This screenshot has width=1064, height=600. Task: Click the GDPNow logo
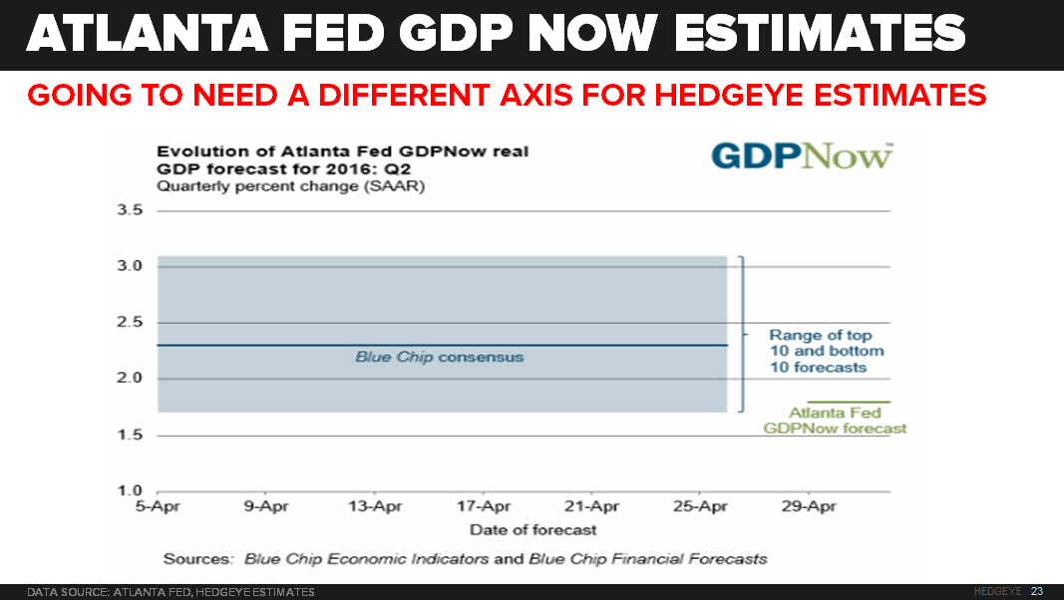[801, 156]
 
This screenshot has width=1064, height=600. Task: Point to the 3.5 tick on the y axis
[131, 210]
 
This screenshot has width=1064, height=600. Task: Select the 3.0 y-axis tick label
[131, 266]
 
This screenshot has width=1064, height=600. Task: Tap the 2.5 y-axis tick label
[131, 323]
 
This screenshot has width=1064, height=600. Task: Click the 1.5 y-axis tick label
[131, 436]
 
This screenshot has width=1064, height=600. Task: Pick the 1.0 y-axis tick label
[131, 491]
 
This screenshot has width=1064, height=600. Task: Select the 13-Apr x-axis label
[374, 506]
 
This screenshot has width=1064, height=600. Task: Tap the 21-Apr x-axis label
[591, 506]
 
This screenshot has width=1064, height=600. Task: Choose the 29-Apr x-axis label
[808, 506]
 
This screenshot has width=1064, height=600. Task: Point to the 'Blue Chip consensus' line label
[439, 357]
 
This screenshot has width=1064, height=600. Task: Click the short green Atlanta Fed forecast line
[869, 402]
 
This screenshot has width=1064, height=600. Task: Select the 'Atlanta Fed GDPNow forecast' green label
[836, 421]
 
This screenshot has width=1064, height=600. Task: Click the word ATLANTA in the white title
[149, 34]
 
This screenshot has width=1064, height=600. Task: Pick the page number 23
[1037, 592]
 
